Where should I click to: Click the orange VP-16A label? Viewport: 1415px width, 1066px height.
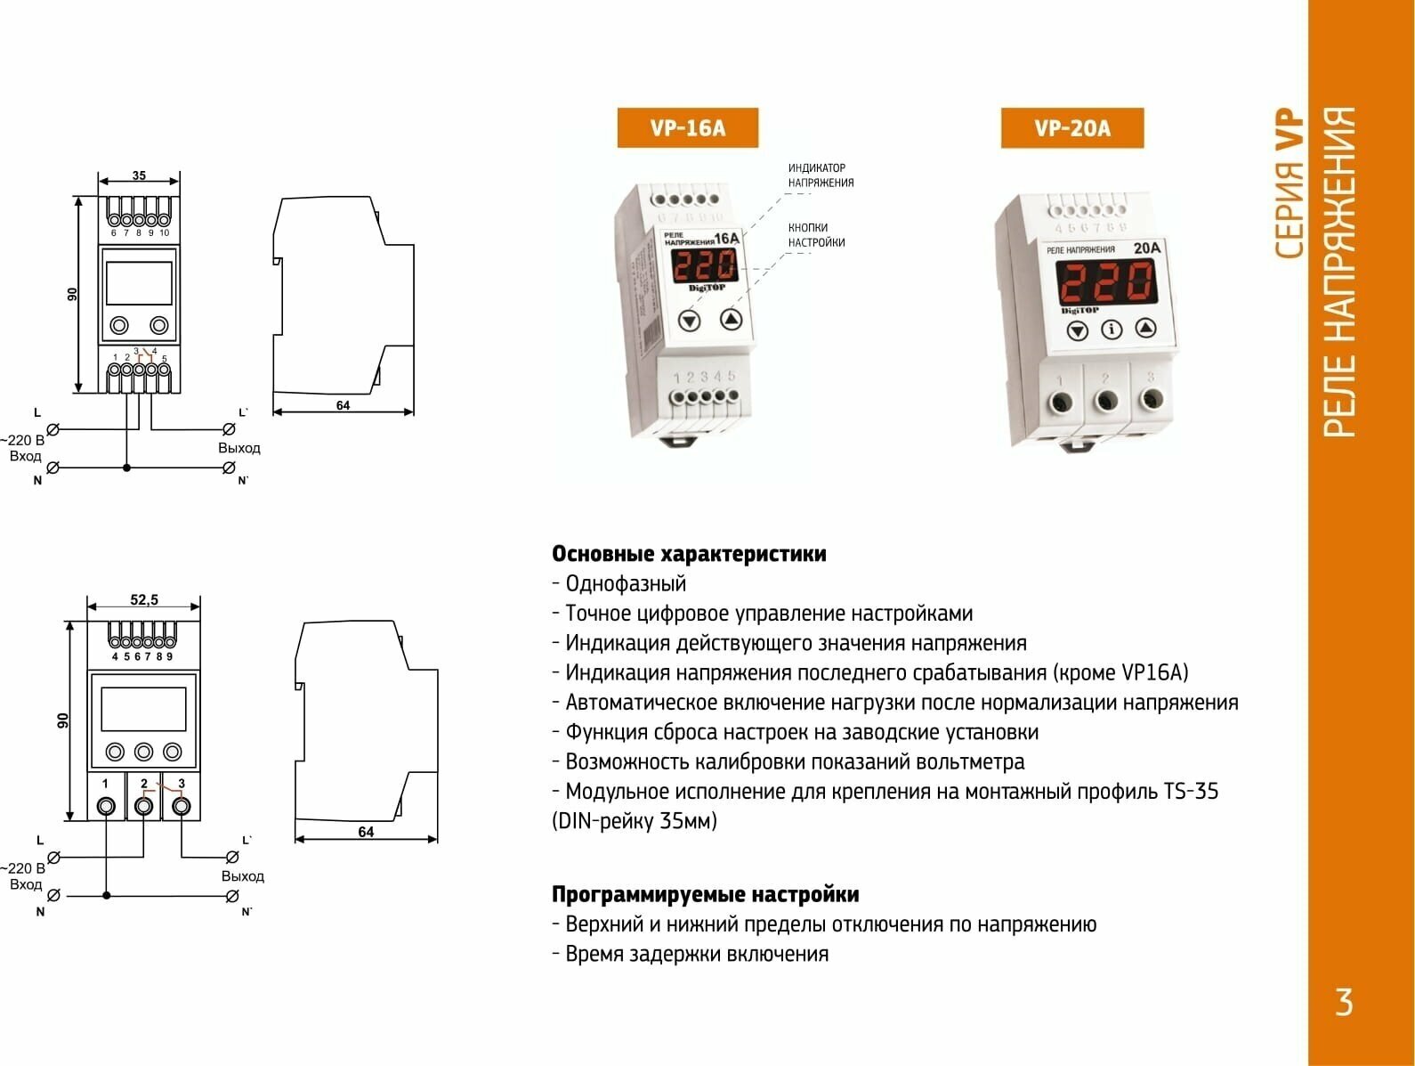coord(687,128)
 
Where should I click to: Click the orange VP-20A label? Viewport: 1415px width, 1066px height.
coord(1071,128)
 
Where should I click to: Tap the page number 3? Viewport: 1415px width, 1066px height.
coord(1344,1003)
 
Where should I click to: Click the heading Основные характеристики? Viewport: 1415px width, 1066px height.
coord(689,554)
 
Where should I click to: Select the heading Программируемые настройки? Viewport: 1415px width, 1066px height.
coord(705,894)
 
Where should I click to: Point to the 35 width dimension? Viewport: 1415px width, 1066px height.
coord(139,175)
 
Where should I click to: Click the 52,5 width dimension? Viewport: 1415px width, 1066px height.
coord(143,600)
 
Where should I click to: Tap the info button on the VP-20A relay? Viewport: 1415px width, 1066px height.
coord(1112,330)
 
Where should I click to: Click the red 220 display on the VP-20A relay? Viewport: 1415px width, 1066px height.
coord(1106,283)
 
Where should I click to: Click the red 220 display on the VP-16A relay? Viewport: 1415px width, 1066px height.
coord(704,265)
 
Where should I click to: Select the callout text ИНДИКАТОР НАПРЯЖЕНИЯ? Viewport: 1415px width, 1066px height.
coord(821,175)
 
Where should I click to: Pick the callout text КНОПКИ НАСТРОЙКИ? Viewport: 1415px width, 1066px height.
coord(816,235)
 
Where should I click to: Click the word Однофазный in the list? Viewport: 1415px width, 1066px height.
coord(626,584)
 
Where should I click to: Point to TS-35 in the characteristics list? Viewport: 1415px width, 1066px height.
coord(1190,792)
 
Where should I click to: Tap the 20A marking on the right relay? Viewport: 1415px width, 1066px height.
coord(1146,248)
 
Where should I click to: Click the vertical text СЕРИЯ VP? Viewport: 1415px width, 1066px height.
coord(1289,183)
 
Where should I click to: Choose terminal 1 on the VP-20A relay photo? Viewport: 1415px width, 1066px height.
coord(1061,403)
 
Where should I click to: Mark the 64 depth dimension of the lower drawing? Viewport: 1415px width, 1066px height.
coord(366,832)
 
